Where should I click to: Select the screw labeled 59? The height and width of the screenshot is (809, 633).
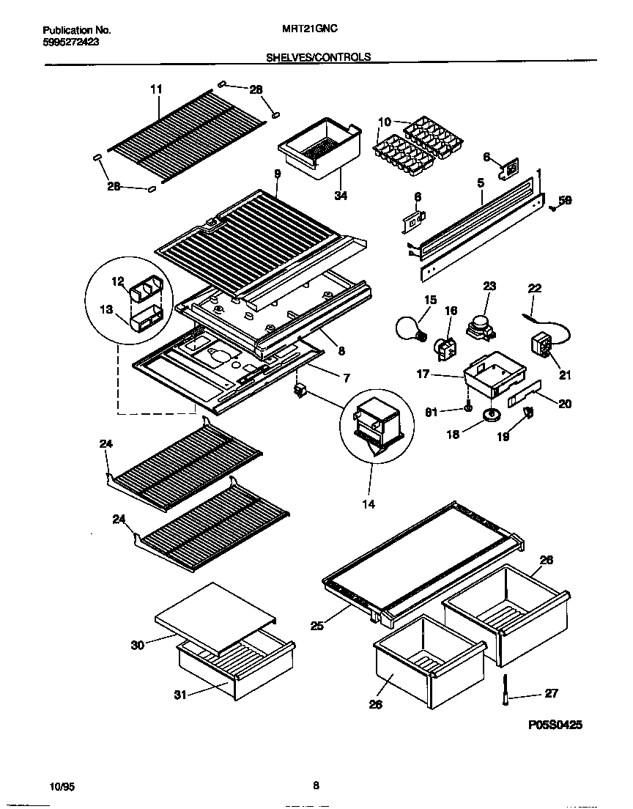click(x=554, y=208)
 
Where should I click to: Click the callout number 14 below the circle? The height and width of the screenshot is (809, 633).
click(x=369, y=504)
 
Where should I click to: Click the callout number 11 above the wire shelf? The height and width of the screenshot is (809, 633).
click(x=156, y=89)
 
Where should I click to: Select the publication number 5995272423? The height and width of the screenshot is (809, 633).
click(x=72, y=43)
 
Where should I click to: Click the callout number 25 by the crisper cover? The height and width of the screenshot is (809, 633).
click(x=316, y=625)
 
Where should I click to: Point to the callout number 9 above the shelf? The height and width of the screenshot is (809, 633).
click(x=278, y=174)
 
